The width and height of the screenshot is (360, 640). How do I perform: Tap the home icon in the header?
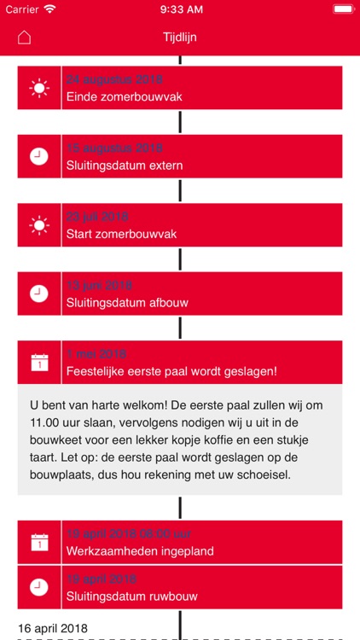pyautogui.click(x=24, y=38)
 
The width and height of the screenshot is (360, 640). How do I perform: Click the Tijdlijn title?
pyautogui.click(x=179, y=38)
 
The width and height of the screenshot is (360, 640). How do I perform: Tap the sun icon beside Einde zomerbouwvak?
pyautogui.click(x=38, y=87)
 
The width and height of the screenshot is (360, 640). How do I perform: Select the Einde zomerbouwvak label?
pyautogui.click(x=124, y=96)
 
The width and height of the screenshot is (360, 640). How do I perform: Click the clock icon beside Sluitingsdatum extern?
pyautogui.click(x=38, y=156)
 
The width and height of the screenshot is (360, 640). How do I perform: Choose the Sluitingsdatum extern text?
pyautogui.click(x=125, y=166)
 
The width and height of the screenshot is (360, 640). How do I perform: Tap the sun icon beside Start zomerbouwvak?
pyautogui.click(x=38, y=225)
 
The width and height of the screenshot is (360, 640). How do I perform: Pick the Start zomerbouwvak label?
pyautogui.click(x=121, y=234)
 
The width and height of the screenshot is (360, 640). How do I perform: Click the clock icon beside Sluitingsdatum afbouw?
pyautogui.click(x=38, y=294)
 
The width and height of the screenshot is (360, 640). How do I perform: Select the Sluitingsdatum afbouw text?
pyautogui.click(x=126, y=302)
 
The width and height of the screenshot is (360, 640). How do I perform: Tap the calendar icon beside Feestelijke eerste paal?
pyautogui.click(x=38, y=363)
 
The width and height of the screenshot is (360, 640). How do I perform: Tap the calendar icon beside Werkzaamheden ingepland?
pyautogui.click(x=38, y=542)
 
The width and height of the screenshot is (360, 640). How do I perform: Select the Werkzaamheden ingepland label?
pyautogui.click(x=140, y=551)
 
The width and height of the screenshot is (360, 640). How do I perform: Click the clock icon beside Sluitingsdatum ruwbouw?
pyautogui.click(x=38, y=587)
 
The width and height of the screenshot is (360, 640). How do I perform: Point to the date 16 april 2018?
pyautogui.click(x=52, y=629)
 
